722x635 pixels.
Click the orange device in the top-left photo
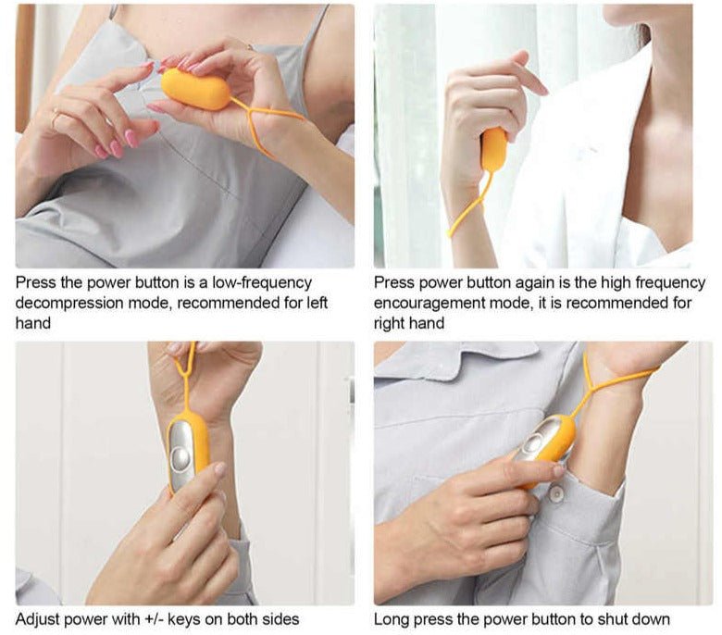(x=194, y=89)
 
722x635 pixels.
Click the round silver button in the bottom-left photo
(x=180, y=458)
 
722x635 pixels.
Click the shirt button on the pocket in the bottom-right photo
(x=556, y=493)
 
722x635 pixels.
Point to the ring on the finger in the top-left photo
(x=55, y=118)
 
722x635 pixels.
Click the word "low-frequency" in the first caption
(x=262, y=282)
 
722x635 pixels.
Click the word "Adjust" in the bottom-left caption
(x=37, y=619)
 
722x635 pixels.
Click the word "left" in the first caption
(x=317, y=303)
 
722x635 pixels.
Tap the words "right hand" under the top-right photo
(x=409, y=323)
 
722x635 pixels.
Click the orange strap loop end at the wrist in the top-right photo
(x=452, y=232)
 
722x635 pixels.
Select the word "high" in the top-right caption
(x=614, y=282)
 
